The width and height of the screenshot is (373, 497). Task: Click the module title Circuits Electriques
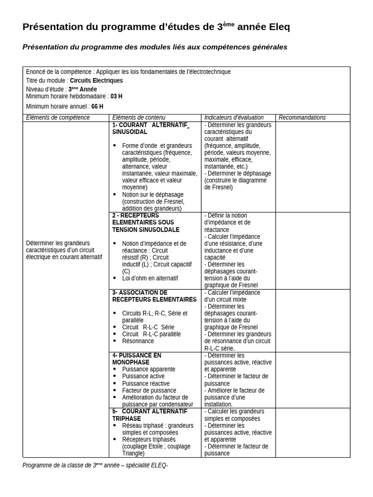[96, 81]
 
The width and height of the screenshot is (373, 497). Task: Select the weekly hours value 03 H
[117, 96]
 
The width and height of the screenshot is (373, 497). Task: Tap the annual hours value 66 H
[97, 106]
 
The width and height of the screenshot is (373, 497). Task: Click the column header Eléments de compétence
[58, 117]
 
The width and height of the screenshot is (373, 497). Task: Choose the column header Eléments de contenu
[139, 117]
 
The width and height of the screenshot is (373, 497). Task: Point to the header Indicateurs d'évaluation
[234, 117]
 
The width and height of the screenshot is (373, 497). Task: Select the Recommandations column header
[302, 117]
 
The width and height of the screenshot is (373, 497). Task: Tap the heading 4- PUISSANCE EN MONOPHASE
[136, 359]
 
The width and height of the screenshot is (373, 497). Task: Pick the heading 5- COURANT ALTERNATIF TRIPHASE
[150, 415]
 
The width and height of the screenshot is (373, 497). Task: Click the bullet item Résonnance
[138, 341]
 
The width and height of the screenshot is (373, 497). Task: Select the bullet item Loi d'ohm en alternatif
[150, 279]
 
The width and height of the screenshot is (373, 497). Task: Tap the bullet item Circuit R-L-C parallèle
[152, 334]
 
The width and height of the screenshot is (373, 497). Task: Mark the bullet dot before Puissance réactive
[115, 383]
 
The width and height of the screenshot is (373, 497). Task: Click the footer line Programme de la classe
[95, 465]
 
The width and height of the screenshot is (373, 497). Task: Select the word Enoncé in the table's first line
[35, 72]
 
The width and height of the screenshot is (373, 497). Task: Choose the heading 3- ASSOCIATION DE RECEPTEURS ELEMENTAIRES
[154, 296]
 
